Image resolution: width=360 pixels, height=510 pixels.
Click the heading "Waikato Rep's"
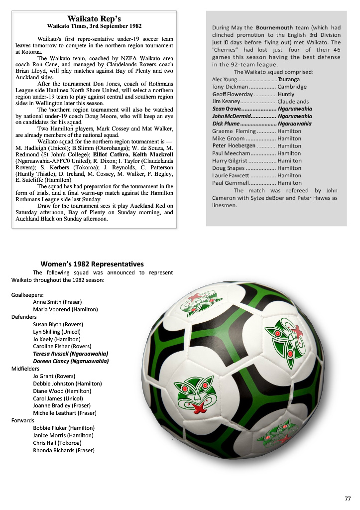click(94, 18)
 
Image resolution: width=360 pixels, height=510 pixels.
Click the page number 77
click(348, 499)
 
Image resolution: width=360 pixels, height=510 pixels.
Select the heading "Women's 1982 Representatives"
click(92, 264)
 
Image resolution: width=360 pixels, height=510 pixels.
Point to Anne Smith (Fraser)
click(57, 302)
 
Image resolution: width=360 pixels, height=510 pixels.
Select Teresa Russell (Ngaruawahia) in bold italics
click(70, 354)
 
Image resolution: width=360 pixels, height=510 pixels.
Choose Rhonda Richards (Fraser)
click(64, 450)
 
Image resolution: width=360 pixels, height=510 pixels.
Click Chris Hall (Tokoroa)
click(57, 443)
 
